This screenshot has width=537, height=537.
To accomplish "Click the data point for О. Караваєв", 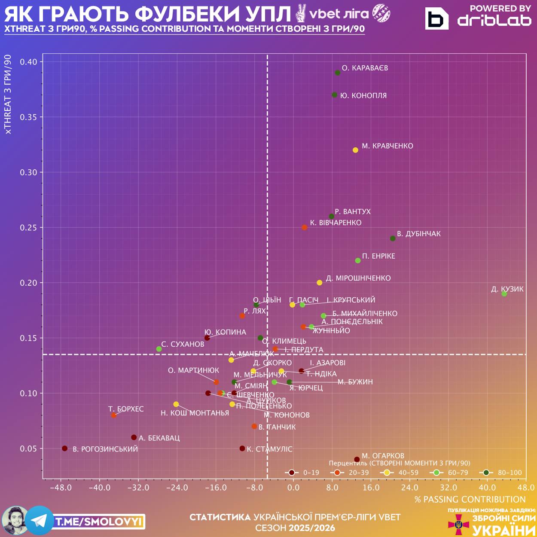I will [338, 73].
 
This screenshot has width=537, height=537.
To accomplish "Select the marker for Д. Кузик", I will [504, 294].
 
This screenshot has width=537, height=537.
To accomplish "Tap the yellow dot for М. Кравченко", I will [355, 150].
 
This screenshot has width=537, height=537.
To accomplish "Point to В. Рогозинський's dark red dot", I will [65, 449].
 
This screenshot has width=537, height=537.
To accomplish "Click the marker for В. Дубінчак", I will [393, 238].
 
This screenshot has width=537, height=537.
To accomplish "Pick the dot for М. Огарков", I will [357, 459].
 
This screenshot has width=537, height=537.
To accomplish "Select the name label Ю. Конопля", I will [363, 96].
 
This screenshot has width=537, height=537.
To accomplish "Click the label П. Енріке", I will [378, 256].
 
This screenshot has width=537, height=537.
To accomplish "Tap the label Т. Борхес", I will [126, 409].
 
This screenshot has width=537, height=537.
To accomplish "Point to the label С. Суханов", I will [183, 344].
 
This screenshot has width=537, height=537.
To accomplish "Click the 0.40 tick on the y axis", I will [29, 62].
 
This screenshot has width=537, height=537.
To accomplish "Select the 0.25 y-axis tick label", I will [29, 228].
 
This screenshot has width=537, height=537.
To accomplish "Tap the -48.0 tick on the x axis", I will [61, 488].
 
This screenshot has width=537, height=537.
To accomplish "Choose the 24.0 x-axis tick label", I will [410, 488].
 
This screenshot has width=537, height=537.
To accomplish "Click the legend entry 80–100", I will [510, 473].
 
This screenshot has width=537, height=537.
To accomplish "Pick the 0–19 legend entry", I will [311, 473].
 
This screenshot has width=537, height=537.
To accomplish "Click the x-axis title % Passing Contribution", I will [470, 500].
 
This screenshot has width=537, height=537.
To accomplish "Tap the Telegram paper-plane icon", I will [40, 521].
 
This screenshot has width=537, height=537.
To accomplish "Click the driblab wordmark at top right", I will [494, 20].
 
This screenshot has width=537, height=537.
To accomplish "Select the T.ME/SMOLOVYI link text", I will [99, 522].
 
